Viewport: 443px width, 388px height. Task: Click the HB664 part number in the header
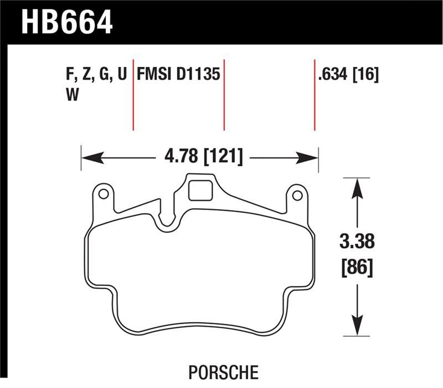tap(66, 22)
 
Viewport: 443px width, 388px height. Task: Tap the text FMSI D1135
tap(178, 75)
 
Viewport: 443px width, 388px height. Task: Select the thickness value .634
tap(334, 75)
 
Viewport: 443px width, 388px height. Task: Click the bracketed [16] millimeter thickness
tap(365, 75)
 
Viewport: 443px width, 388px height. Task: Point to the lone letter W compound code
tap(71, 95)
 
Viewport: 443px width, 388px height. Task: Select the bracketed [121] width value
tap(224, 157)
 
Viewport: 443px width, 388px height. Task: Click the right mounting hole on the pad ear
tap(297, 195)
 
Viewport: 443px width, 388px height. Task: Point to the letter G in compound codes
tap(103, 75)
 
